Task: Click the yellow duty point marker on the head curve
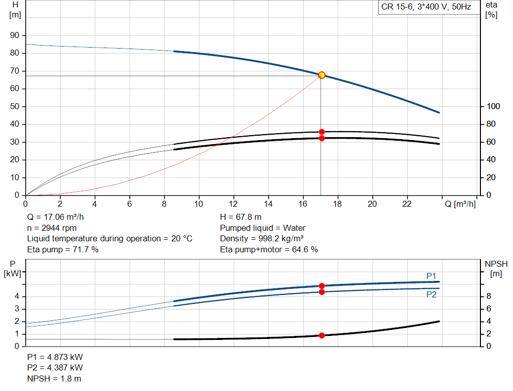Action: coord(322,75)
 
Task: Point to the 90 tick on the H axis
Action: coord(16,36)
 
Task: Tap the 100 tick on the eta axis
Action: coord(493,107)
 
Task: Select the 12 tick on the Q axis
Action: coord(233,204)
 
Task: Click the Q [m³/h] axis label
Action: coord(459,204)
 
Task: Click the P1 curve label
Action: coord(431,276)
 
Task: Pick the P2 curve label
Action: coord(431,295)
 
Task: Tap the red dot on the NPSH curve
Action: coord(322,335)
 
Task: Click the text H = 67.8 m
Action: coord(240,217)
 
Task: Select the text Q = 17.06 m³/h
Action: coord(56,217)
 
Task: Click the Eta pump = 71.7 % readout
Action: coord(63,249)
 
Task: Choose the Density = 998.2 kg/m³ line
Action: coord(262,238)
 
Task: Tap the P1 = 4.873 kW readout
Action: coord(55,357)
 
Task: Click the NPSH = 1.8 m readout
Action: coord(54,378)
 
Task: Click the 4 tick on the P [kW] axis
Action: coord(17,296)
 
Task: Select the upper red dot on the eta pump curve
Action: coord(322,132)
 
